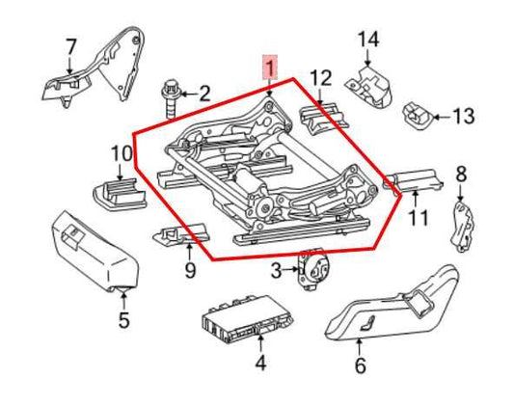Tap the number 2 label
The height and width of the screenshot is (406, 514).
(x=204, y=94)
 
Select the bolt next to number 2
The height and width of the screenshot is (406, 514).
(x=171, y=95)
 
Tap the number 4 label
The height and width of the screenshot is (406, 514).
(x=258, y=364)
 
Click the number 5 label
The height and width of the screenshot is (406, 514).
(x=123, y=320)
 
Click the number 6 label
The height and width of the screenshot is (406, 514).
(x=361, y=365)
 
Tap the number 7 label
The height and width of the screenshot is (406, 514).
(x=69, y=45)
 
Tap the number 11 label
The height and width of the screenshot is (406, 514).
(x=417, y=217)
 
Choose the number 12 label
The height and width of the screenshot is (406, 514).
(x=320, y=77)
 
